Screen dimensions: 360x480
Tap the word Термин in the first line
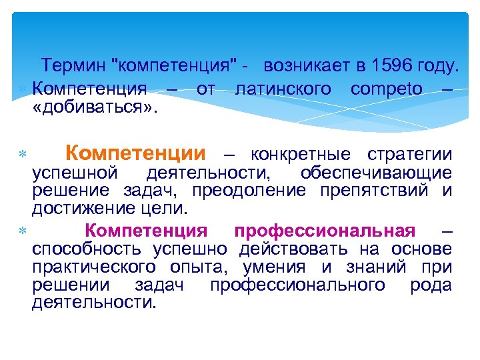(x=74, y=67)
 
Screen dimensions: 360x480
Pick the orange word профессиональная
(x=325, y=231)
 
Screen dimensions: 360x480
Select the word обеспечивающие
(x=376, y=173)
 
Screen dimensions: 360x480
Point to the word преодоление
(x=249, y=191)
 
